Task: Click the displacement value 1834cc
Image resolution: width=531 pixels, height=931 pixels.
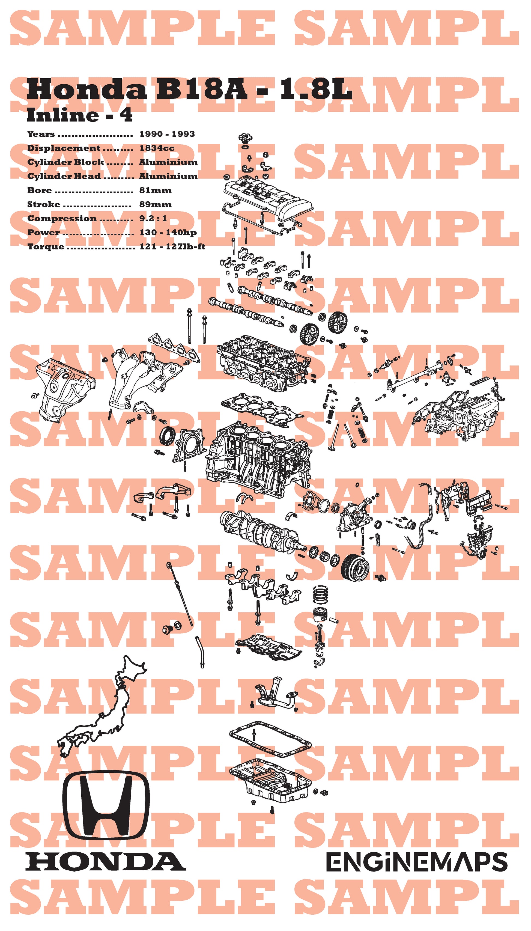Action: coord(157,148)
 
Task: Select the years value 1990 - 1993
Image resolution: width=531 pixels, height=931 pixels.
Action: coord(167,134)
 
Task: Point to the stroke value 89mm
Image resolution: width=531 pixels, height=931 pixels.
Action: coord(155,204)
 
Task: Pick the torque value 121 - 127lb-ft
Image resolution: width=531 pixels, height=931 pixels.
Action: coord(172,247)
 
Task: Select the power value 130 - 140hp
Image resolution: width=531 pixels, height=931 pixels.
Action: coord(168,232)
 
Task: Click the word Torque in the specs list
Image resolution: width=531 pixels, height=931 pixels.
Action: coord(46,247)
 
